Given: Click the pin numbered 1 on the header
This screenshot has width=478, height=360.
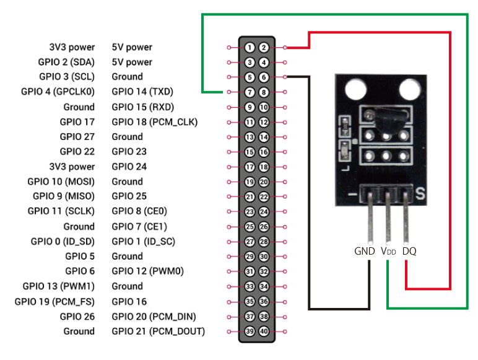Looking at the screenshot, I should point(248,47).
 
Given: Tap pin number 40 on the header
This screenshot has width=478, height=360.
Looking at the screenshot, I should point(263,331).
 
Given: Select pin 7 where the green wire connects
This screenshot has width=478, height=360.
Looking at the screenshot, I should point(248,92).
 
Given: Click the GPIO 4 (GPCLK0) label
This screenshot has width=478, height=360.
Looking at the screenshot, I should point(57,92).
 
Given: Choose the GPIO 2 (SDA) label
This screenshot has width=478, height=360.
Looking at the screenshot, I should point(66,62).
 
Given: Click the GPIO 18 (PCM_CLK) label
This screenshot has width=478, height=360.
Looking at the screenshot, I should point(154,122).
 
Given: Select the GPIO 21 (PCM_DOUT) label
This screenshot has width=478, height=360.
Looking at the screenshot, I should point(158,331).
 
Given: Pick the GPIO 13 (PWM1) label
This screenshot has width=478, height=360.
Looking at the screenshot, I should point(59,286).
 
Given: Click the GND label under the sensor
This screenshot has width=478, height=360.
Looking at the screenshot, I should point(365,252).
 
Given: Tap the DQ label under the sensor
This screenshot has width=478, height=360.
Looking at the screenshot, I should point(409,252).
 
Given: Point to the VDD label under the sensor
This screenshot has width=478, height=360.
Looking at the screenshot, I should point(388,252).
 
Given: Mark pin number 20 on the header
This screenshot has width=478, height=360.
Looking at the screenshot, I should point(263,182).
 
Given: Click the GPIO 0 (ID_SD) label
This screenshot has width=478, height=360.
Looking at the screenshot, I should point(63,241).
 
